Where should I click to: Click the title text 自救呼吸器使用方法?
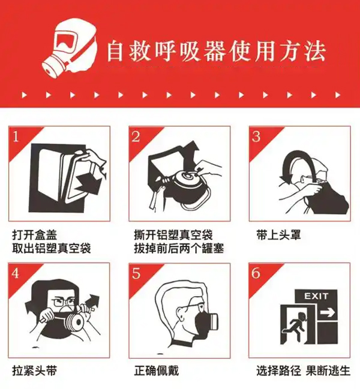tap(216, 52)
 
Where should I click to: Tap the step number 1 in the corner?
tap(16, 137)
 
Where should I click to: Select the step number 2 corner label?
tap(136, 137)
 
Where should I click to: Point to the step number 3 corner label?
tap(256, 137)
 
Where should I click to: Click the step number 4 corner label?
tap(16, 273)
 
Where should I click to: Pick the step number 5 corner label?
tap(136, 273)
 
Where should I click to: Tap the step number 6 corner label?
tap(256, 273)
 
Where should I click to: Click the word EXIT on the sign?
tap(316, 296)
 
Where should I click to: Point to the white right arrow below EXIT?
tap(328, 313)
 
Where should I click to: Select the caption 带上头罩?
tap(278, 235)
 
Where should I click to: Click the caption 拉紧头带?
tap(35, 370)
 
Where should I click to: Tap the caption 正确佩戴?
tap(157, 370)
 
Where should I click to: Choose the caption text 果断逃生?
tap(328, 370)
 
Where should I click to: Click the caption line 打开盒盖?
tap(35, 235)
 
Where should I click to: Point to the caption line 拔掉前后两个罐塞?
tap(179, 249)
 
